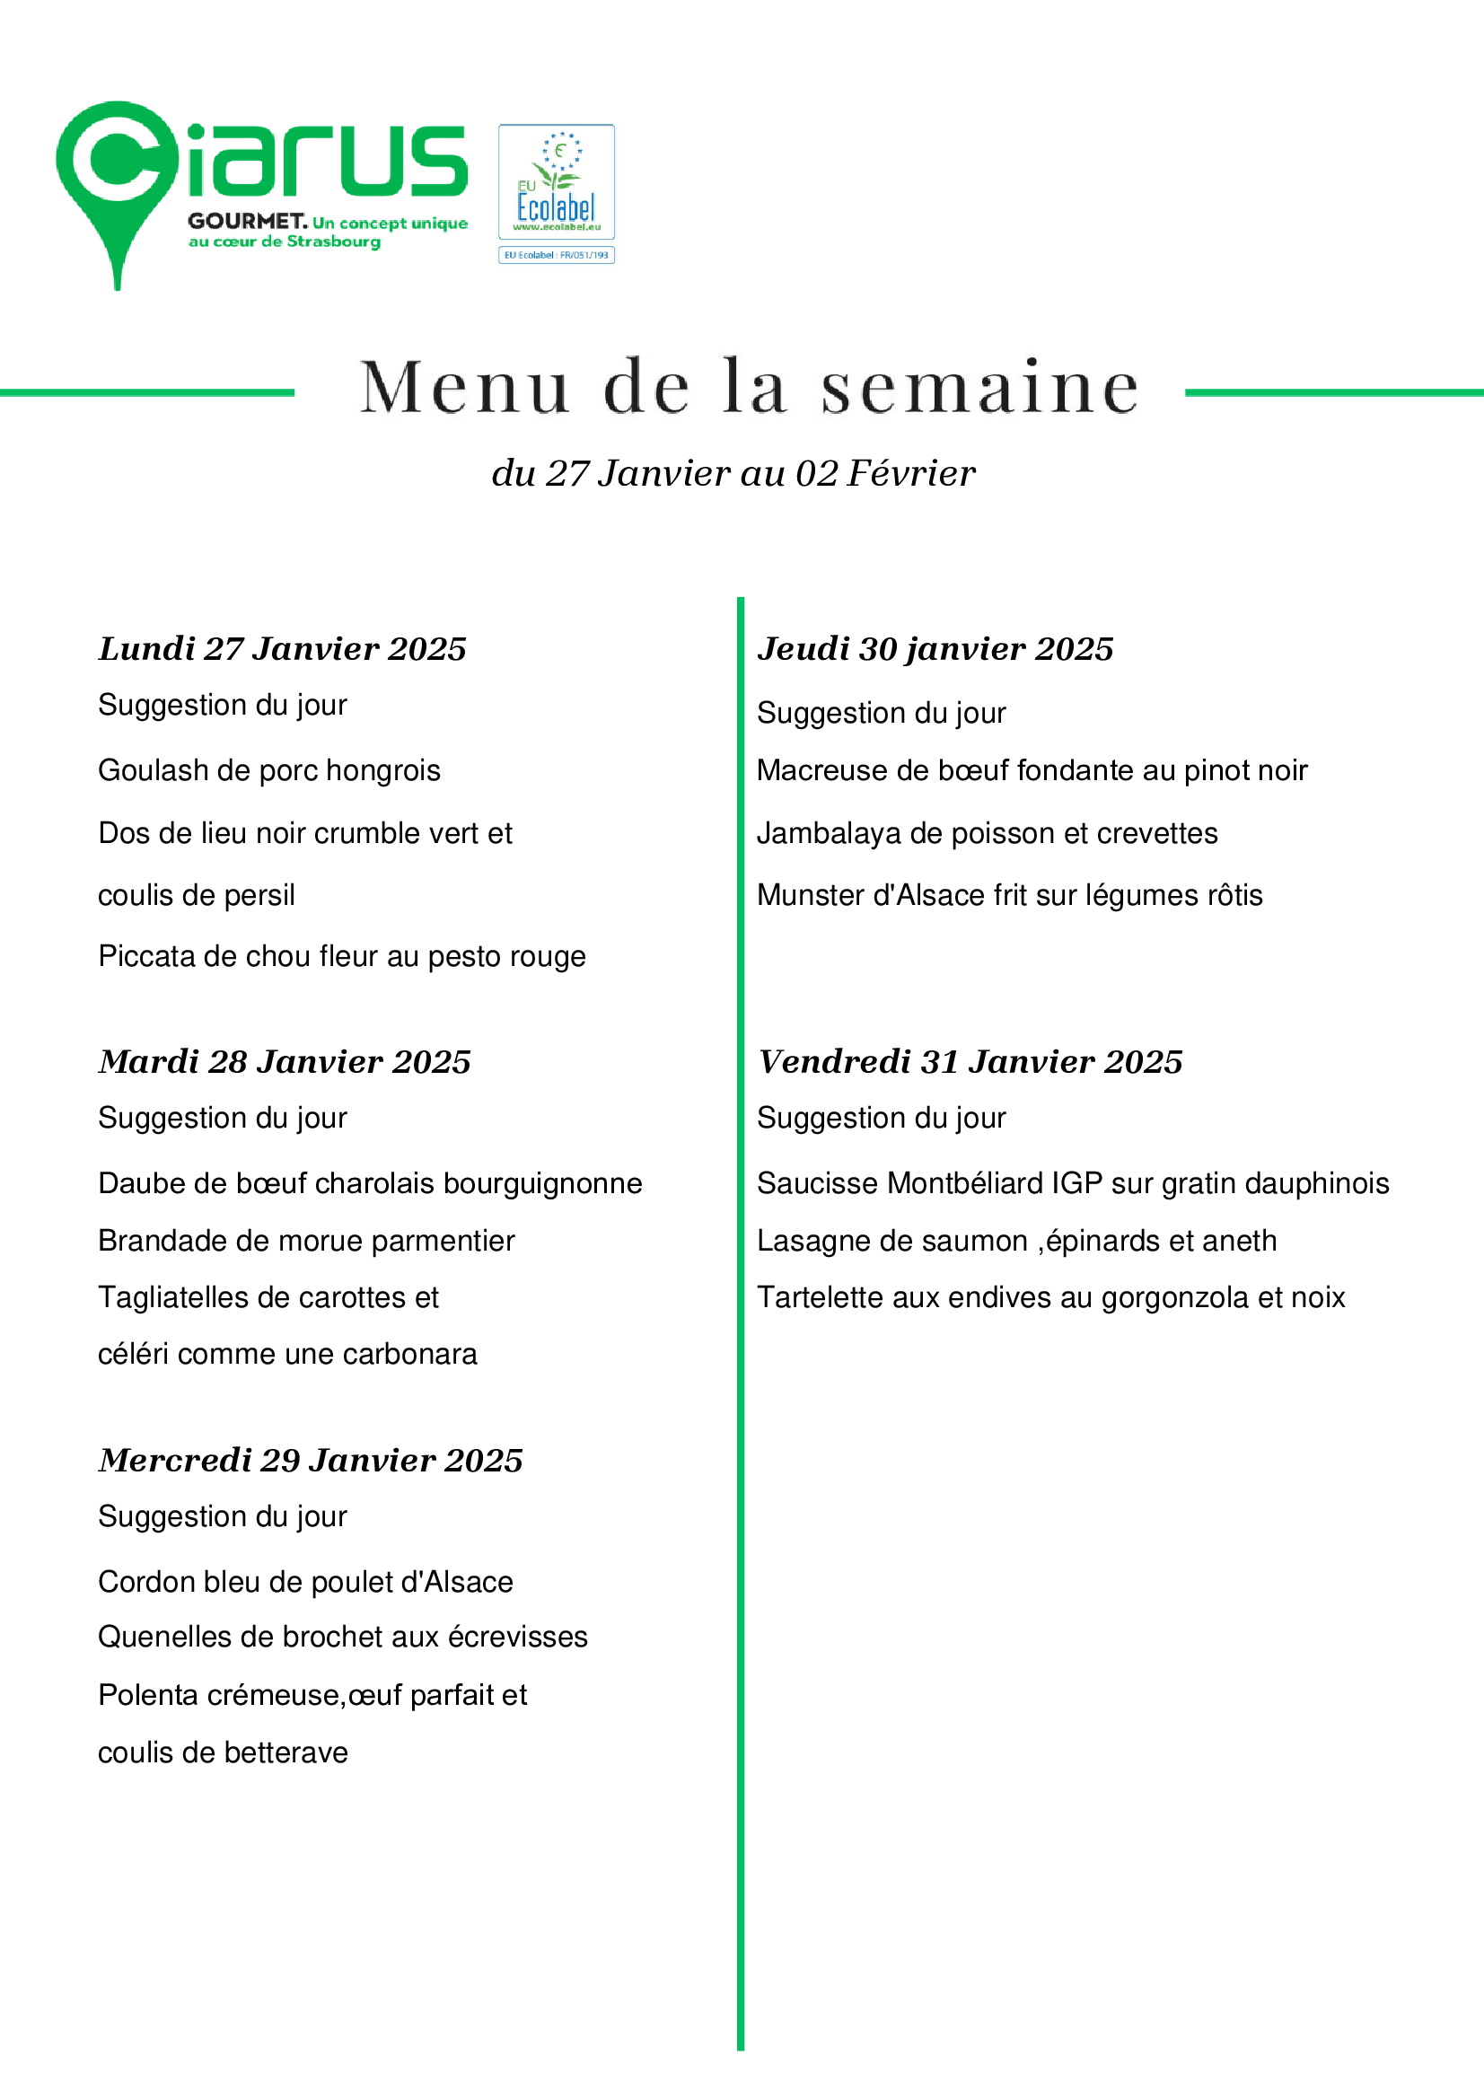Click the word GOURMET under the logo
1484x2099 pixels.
[x=247, y=221]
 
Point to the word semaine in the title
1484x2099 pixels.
[x=979, y=388]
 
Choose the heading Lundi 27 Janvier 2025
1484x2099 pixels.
[x=283, y=649]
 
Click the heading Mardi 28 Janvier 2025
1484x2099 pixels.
[x=285, y=1062]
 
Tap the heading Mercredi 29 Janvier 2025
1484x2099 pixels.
[x=311, y=1461]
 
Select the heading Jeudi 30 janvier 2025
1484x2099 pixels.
[x=935, y=649]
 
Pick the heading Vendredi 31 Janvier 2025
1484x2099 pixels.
[x=970, y=1062]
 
